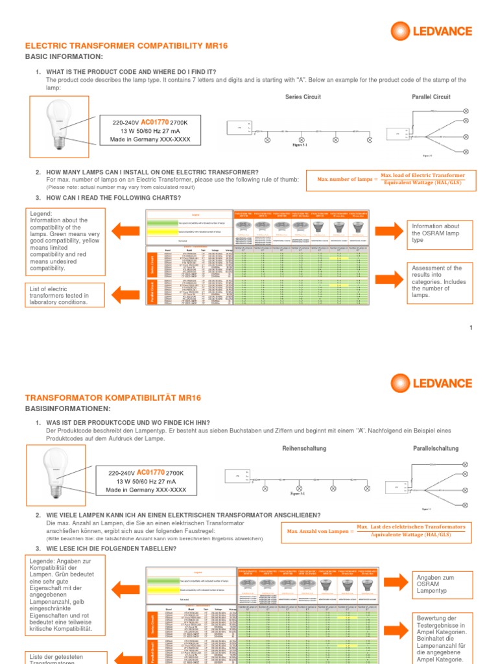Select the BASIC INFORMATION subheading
[64, 57]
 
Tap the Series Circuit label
[303, 97]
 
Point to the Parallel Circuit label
[431, 97]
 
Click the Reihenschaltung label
[304, 449]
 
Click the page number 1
[471, 328]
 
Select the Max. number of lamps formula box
[392, 180]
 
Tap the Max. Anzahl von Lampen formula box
[376, 532]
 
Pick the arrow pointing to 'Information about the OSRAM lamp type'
[388, 229]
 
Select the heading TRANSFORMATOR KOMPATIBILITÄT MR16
[113, 397]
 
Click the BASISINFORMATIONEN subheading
[67, 409]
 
